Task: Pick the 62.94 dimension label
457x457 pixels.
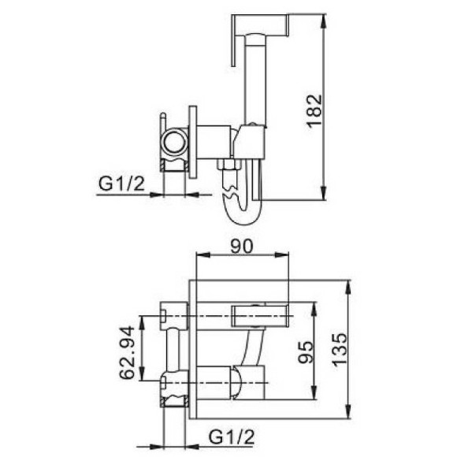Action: [127, 352]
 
